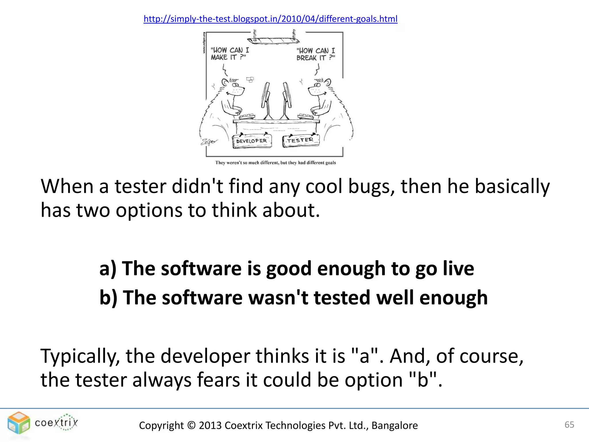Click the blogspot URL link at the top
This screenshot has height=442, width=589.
pos(270,19)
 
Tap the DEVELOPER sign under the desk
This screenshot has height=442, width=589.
pos(252,141)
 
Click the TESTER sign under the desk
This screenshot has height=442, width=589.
pos(301,140)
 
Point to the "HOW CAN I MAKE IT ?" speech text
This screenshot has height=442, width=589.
pos(229,54)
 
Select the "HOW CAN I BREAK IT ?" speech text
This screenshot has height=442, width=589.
pos(315,54)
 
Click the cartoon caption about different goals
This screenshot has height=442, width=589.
pos(275,163)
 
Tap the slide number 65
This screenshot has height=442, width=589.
pos(569,424)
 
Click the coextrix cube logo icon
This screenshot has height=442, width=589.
pos(19,423)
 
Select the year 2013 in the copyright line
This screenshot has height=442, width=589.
pos(210,425)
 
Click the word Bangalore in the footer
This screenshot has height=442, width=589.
pos(395,425)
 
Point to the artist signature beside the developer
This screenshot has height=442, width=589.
pos(209,142)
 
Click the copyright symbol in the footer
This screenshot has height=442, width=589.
pos(191,425)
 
